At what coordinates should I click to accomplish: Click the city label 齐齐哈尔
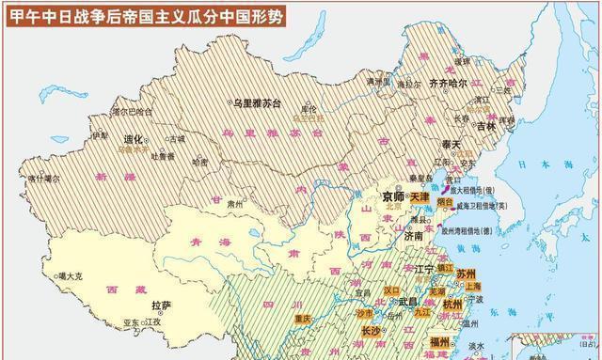448,83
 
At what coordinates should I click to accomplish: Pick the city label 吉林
483,126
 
